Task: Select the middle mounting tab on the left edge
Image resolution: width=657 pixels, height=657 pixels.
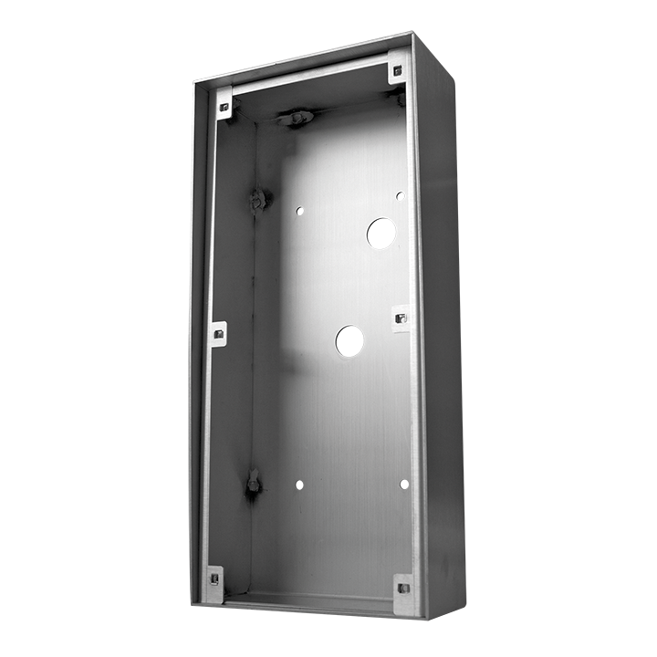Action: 218,334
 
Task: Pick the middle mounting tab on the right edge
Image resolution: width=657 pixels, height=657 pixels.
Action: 401,318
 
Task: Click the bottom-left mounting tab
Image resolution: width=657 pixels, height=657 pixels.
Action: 214,582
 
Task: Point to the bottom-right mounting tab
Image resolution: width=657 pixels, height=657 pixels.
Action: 402,587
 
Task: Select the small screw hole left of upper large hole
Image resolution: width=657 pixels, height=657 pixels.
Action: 299,211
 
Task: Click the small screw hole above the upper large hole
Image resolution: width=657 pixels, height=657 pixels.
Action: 400,195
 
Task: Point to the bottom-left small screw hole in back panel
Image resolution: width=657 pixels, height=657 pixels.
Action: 297,484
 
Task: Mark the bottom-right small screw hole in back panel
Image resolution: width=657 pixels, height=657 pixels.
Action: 401,484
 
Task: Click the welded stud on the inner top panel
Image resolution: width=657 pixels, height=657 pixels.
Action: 297,117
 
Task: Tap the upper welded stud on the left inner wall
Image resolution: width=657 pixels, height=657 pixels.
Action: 258,198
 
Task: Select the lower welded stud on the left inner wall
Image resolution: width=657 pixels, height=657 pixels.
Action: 253,483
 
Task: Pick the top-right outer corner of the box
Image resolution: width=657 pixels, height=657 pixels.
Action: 413,34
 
